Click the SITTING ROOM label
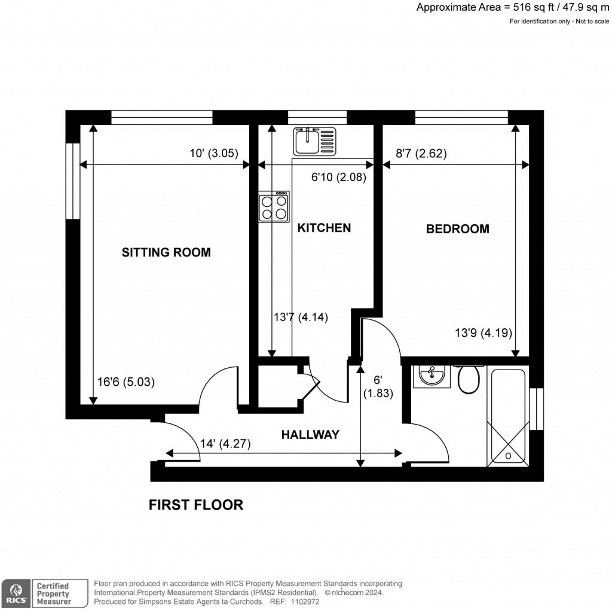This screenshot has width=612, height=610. point(166,252)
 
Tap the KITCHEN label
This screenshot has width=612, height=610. point(324,228)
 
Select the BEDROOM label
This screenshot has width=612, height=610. point(457,228)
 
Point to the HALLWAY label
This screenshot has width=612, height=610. point(310,435)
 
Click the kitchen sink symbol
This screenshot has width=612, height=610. point(314,142)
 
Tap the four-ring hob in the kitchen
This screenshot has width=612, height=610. point(274,207)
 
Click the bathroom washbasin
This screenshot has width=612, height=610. point(431,376)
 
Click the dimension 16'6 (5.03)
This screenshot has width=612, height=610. point(126,382)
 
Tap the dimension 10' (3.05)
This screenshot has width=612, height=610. point(214,153)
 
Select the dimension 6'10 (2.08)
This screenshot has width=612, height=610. point(338,177)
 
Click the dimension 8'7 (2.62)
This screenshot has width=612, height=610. point(421,153)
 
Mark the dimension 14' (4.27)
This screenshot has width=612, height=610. point(225,444)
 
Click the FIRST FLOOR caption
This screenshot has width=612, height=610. point(195,505)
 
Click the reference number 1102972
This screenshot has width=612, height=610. point(302,602)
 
